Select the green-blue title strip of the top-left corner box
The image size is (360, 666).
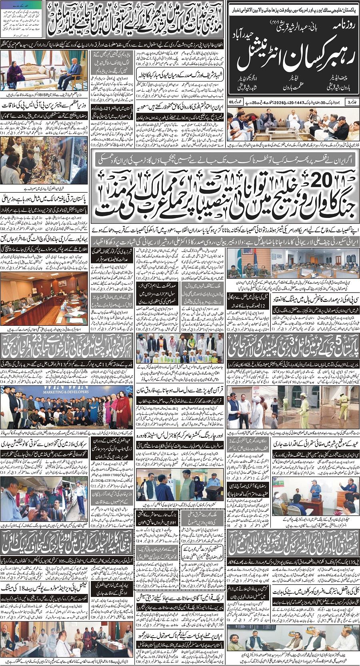[x=22, y=4]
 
